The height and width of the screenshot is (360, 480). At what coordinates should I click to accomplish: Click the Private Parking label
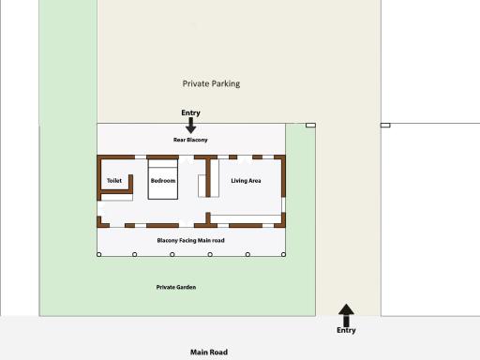pos(211,83)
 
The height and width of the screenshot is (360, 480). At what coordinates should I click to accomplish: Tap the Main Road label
pos(209,352)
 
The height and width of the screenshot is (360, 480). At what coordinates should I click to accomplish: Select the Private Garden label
pos(176,287)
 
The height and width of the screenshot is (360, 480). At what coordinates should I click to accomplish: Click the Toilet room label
pos(114,181)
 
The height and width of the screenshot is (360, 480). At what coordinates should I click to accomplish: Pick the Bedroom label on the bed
pos(163,181)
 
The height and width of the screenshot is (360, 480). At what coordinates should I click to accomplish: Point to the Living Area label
pos(246,181)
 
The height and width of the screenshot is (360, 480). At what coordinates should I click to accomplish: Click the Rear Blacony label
pos(190,140)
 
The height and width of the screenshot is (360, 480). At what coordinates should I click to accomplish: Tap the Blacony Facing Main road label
pos(190,240)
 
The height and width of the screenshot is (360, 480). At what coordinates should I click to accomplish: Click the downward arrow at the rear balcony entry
pos(190,126)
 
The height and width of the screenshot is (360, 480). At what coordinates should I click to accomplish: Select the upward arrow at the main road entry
pos(346,315)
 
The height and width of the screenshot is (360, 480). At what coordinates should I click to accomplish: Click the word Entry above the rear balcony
pos(190,112)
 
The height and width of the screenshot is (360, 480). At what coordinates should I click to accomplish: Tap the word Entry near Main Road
pos(346,330)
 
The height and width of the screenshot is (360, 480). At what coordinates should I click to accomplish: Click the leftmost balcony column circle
pos(98,254)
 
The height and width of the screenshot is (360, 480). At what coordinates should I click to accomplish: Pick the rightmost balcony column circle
pos(283,254)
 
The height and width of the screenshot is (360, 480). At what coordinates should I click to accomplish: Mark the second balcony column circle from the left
pos(135,254)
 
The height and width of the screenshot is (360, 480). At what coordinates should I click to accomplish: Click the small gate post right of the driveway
pos(385,126)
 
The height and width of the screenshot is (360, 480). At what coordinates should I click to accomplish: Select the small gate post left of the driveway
pos(310,126)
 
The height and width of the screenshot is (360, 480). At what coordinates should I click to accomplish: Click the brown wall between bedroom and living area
pos(208,177)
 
